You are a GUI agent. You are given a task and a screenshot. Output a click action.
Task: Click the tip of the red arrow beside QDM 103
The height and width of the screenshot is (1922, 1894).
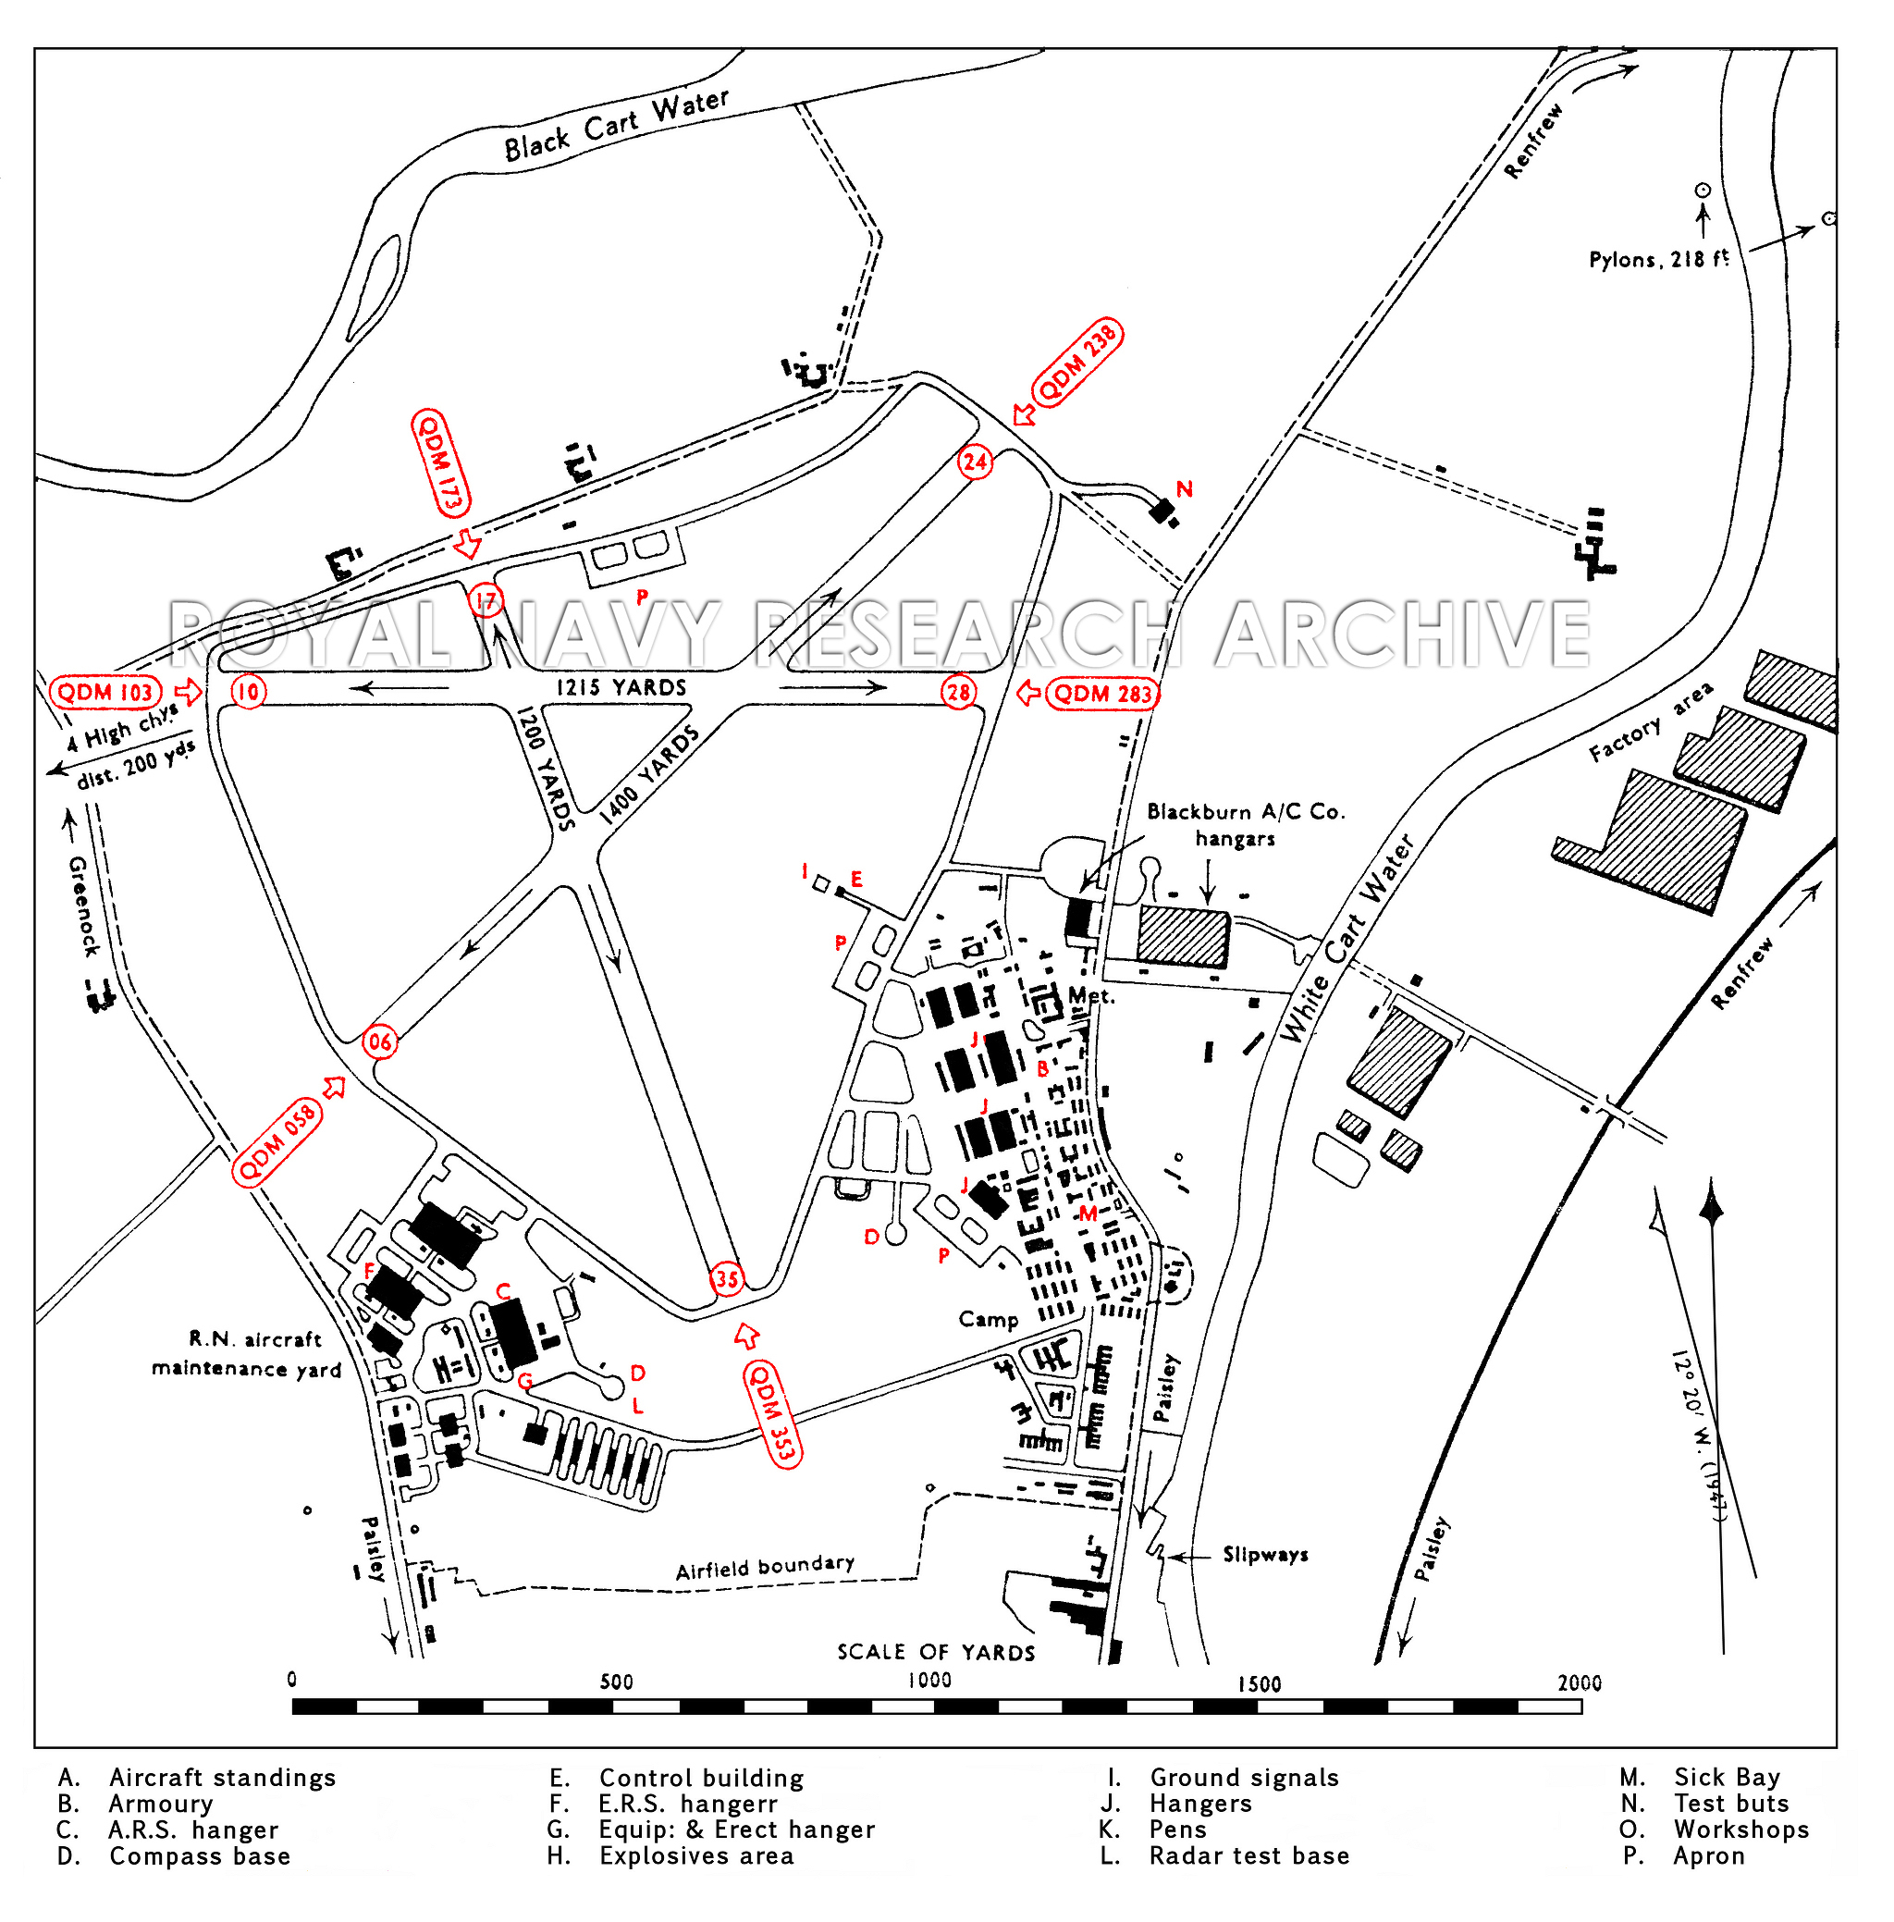coord(203,690)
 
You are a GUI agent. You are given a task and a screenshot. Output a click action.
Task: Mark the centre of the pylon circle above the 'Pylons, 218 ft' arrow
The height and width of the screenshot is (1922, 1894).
coord(1702,190)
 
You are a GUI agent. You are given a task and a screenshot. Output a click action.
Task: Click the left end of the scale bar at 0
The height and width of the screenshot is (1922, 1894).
coord(293,1707)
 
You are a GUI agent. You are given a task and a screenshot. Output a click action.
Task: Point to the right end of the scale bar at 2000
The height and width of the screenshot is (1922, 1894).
coord(1581,1707)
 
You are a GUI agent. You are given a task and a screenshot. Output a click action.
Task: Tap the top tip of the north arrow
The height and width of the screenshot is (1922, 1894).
coord(1711,1179)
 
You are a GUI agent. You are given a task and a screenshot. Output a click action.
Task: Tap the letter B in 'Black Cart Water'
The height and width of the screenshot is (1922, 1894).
coord(514,148)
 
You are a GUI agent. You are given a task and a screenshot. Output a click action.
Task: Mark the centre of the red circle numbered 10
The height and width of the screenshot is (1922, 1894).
coord(249,692)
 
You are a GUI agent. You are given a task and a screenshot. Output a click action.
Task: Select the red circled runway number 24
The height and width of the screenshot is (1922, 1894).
coord(975,462)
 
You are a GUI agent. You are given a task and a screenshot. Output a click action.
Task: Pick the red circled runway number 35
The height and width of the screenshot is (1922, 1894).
coord(727,1279)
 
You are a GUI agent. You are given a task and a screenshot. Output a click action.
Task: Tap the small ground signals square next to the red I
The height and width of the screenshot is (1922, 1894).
coord(821,883)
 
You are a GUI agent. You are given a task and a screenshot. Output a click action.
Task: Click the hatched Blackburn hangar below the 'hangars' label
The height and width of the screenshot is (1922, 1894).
coord(1184,936)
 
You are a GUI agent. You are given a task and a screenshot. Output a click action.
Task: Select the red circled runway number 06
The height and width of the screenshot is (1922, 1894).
coord(380,1041)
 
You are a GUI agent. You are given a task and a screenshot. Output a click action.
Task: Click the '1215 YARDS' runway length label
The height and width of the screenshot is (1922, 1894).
coord(621,687)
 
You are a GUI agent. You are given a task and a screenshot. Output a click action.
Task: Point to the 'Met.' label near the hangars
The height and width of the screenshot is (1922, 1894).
coord(1091,995)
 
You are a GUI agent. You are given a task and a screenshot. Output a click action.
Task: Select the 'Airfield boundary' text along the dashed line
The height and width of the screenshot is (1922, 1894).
coord(765,1567)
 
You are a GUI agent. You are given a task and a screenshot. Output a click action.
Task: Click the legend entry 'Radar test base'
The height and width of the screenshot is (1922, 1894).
coord(1249,1855)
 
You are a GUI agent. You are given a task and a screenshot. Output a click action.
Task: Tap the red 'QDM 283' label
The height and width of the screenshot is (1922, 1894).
coord(1103,694)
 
